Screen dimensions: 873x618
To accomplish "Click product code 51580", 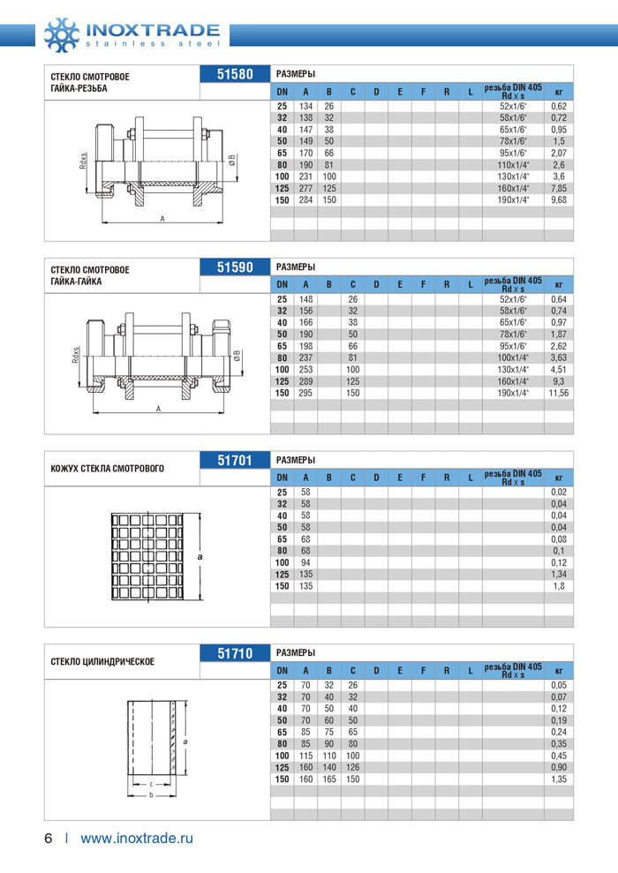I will point(236,74).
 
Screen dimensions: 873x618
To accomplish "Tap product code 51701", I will point(236,459).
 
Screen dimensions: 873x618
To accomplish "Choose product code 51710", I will point(236,653).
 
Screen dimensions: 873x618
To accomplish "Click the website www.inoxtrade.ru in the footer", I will point(136,838).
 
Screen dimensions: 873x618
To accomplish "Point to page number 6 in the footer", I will point(49,838).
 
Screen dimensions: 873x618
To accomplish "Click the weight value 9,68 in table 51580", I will point(558,200).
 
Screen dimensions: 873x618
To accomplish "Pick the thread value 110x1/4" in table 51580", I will point(513,163).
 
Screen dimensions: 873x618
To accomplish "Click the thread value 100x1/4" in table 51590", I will point(513,357).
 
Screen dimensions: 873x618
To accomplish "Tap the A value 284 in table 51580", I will point(305,200).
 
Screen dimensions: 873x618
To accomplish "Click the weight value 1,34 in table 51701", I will point(558,574).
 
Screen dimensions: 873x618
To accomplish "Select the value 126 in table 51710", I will point(351,767).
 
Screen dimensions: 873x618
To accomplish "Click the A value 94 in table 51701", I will point(305,561).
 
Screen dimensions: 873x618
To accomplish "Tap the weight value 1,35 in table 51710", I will point(558,779).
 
